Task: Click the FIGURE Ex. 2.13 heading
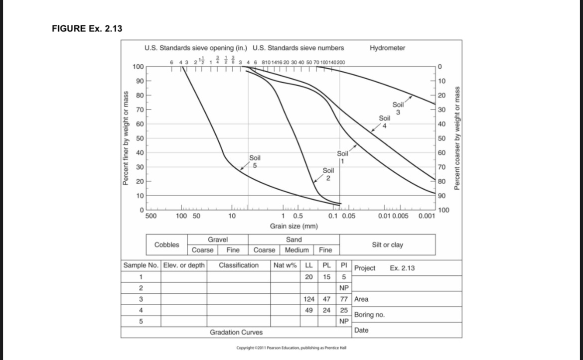87,28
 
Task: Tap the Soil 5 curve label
255,161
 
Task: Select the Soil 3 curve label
398,109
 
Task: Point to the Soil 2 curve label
328,174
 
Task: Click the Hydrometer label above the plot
387,48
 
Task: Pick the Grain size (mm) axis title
294,226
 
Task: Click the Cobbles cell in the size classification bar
166,244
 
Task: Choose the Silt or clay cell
387,244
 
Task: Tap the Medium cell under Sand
297,250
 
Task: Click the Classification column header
239,265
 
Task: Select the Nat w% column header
285,265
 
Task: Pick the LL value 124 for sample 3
308,299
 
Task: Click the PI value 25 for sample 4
343,310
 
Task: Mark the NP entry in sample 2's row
343,288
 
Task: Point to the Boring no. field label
369,315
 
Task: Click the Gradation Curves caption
236,332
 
